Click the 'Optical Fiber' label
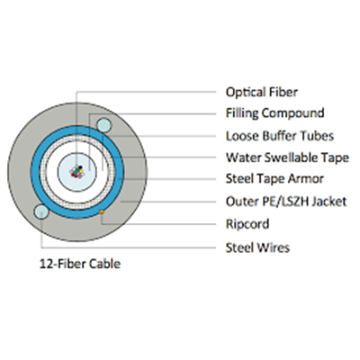click(x=262, y=93)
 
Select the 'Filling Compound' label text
click(x=275, y=113)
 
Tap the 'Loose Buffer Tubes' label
click(x=280, y=136)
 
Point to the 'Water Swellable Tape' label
click(x=287, y=157)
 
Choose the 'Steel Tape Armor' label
click(x=274, y=179)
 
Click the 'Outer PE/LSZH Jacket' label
click(x=286, y=202)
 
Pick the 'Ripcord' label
click(x=247, y=224)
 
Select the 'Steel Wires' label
click(x=257, y=247)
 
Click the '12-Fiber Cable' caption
click(x=80, y=264)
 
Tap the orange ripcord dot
click(x=102, y=211)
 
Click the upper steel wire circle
click(x=103, y=126)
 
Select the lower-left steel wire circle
click(x=41, y=211)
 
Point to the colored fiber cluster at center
click(x=76, y=172)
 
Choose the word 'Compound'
click(x=292, y=113)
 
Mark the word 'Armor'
click(x=306, y=179)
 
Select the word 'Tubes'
click(x=317, y=136)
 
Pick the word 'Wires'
click(x=274, y=247)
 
